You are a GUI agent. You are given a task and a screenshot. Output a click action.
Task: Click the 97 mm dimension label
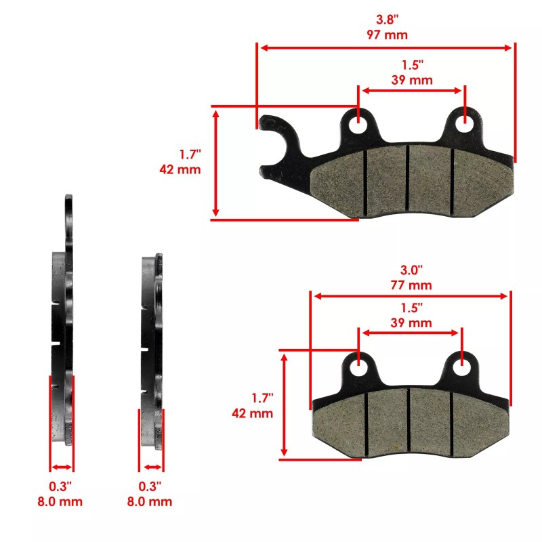(x=387, y=35)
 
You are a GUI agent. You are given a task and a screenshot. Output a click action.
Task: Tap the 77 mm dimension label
(x=412, y=285)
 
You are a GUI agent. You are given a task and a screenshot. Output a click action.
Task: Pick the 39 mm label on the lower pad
(x=412, y=322)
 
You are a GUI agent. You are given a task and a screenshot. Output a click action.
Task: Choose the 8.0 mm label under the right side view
(x=150, y=502)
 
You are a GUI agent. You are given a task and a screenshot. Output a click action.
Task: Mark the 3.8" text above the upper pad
(x=387, y=20)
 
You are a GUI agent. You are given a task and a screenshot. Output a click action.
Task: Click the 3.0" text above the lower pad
(x=412, y=270)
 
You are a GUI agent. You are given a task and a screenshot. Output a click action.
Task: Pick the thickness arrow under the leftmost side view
(x=62, y=467)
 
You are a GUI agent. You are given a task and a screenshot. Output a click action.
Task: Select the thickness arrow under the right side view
(x=151, y=467)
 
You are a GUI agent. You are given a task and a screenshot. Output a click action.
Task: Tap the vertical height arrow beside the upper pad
(x=216, y=163)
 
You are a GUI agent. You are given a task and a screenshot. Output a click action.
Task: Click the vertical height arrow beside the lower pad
(x=285, y=404)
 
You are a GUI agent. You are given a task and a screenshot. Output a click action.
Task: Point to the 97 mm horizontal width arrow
(x=387, y=47)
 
